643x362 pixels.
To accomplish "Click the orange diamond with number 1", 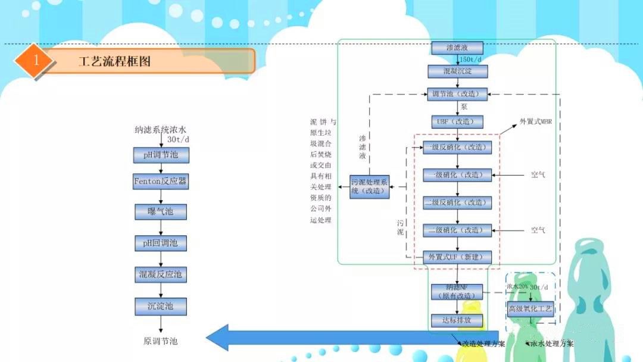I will coord(36,60).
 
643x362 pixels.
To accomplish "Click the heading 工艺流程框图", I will coord(115,61).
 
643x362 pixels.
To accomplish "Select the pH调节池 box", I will coord(161,155).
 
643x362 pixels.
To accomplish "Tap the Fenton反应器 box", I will coord(161,181).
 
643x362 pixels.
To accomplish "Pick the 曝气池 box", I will coord(161,211).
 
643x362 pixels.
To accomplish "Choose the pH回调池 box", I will coord(161,243).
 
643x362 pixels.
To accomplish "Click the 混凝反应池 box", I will coord(161,274).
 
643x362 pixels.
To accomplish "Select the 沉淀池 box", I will coord(161,306).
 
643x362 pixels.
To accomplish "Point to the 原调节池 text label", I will coord(161,341).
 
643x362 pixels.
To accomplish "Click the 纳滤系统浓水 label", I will coord(161,130).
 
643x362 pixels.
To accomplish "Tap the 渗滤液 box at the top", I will coord(457,48).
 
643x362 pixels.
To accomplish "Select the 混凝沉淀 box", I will coord(457,71).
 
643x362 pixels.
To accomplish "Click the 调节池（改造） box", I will coord(457,94).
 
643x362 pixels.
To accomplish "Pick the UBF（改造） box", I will coord(457,122).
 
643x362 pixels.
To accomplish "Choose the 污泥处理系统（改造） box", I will coord(369,187).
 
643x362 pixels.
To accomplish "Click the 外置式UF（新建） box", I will coord(457,257).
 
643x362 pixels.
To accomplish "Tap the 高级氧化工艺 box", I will coord(530,308).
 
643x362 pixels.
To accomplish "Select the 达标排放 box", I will coord(457,320).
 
